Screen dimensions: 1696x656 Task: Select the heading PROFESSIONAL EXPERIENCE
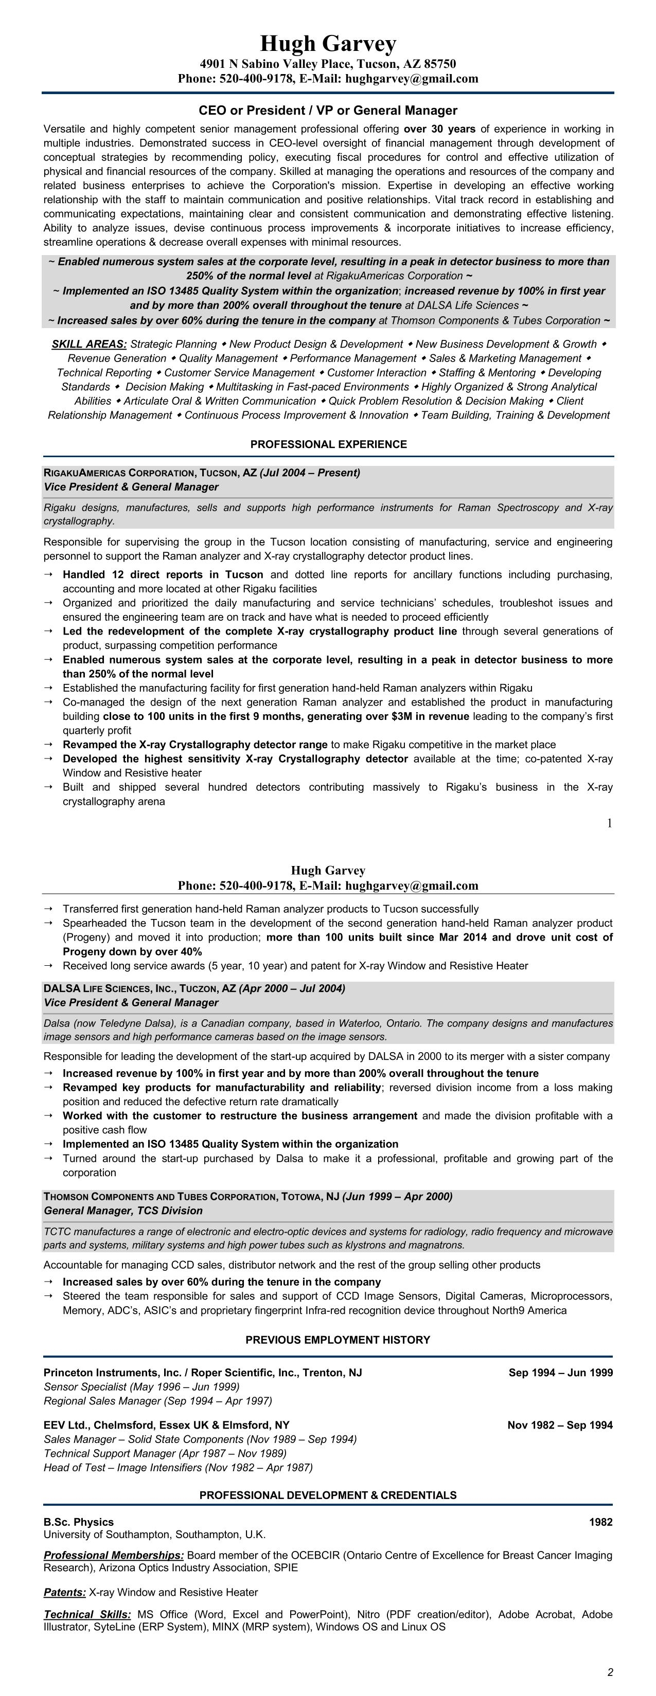coord(328,444)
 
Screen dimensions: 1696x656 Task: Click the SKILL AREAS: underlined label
coord(89,345)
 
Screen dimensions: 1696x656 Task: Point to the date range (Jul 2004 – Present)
coord(310,473)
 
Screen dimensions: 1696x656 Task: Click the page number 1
coord(609,823)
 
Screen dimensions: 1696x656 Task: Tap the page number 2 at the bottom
coord(610,1672)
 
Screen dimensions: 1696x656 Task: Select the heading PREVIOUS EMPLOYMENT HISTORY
coord(337,1340)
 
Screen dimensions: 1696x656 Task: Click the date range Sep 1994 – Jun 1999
coord(560,1373)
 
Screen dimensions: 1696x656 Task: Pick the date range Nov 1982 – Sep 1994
coord(560,1426)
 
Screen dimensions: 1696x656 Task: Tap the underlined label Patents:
coord(64,1592)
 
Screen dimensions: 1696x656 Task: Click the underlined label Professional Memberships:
coord(114,1555)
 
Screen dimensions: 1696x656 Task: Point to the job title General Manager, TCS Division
coord(123,1211)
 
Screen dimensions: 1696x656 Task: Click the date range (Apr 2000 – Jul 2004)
coord(292,988)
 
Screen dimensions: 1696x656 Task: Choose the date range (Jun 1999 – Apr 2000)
coord(397,1196)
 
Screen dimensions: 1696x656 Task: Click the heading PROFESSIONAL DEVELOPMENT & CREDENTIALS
coord(328,1495)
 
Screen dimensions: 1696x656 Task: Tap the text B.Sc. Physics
coord(78,1522)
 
